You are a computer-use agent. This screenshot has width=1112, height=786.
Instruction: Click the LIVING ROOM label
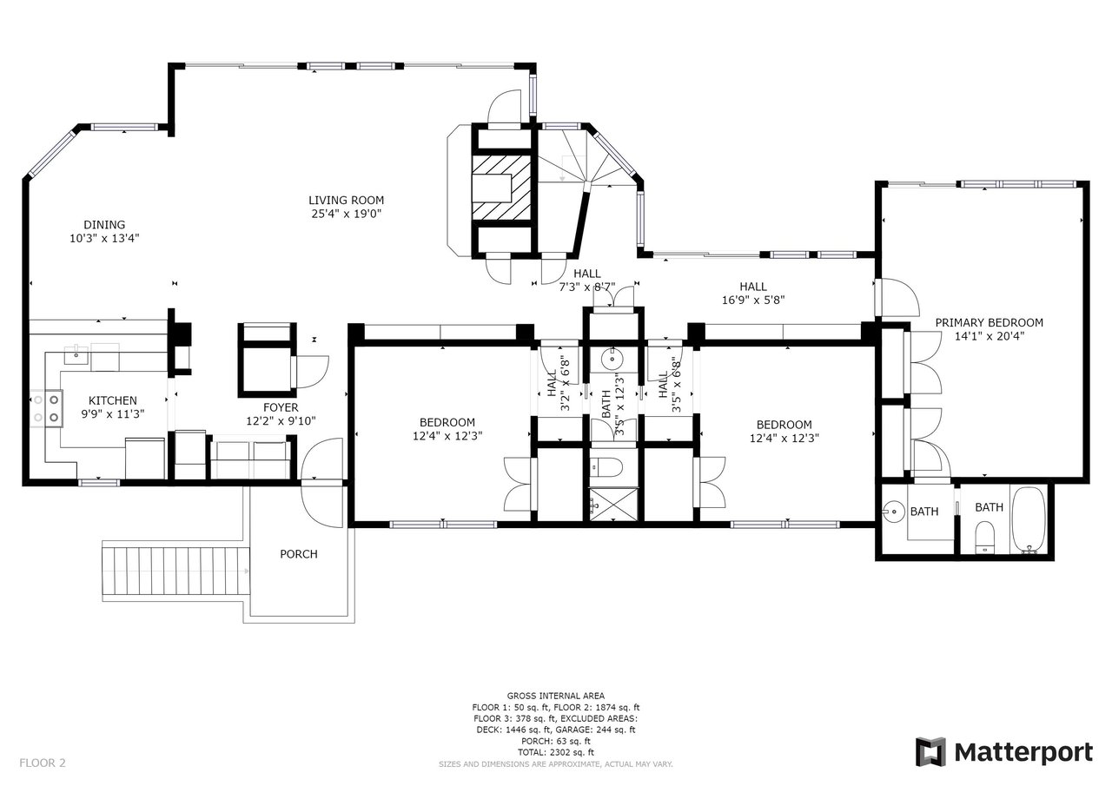pos(347,200)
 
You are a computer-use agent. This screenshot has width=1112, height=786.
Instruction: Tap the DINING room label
pos(104,224)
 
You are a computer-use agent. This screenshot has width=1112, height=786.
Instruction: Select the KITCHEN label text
pos(112,400)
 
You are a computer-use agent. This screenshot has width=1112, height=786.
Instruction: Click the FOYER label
pos(281,406)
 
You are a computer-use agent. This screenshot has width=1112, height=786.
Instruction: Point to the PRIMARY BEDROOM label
pos(989,322)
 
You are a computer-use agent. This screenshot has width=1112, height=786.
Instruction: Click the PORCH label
pos(298,554)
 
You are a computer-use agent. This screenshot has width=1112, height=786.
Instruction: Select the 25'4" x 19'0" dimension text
pos(347,214)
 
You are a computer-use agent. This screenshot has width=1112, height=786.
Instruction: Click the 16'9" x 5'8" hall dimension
pos(753,301)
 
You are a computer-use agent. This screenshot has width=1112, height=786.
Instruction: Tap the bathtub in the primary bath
pos(1030,519)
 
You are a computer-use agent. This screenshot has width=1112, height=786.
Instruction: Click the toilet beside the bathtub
pos(984,538)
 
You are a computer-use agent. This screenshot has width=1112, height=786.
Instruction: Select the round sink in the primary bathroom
pos(893,512)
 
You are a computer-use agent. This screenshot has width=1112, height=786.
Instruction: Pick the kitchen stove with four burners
pos(47,409)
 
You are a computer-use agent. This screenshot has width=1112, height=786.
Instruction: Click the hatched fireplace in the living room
pos(501,188)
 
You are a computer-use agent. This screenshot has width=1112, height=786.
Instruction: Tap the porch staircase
pos(174,571)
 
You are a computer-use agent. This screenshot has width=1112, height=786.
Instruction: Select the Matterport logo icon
pos(930,751)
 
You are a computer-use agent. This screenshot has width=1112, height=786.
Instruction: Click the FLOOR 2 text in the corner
pos(43,763)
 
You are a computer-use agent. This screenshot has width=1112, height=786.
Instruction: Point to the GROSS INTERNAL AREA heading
pos(555,697)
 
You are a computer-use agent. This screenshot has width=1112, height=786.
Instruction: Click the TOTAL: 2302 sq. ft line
pos(555,752)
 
